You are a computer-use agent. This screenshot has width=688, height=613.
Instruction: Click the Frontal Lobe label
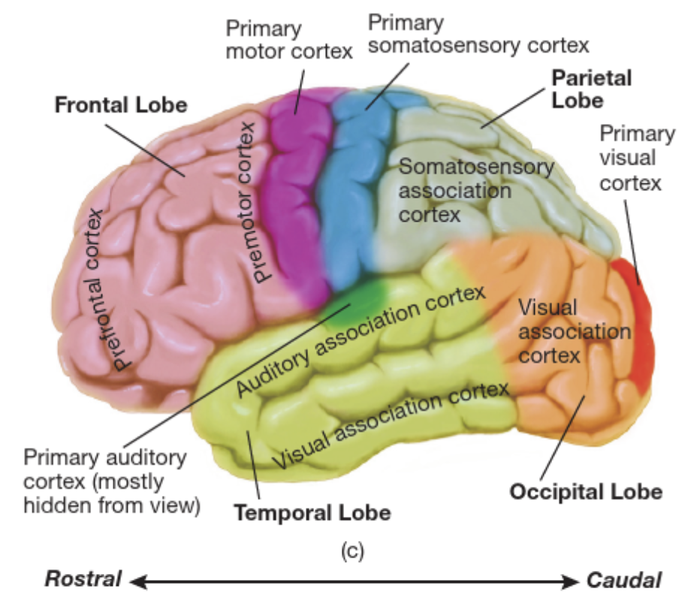coord(120,104)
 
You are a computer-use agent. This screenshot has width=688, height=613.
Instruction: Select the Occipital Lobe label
coord(586,492)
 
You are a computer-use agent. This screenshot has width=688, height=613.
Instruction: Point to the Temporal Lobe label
coord(312,514)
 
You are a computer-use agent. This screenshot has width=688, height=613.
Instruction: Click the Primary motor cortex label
coord(289,41)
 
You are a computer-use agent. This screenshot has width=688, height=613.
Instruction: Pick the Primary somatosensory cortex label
coord(478,34)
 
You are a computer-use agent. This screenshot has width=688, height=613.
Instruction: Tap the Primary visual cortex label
coord(637,158)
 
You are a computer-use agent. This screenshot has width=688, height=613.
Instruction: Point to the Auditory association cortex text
coord(361,341)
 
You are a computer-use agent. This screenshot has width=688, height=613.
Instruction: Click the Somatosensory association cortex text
coord(475,190)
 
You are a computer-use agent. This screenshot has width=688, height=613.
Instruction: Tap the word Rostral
coord(83,580)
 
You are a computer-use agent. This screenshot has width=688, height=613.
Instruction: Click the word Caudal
coord(624,580)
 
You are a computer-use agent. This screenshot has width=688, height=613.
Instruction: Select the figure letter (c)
coord(352,551)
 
